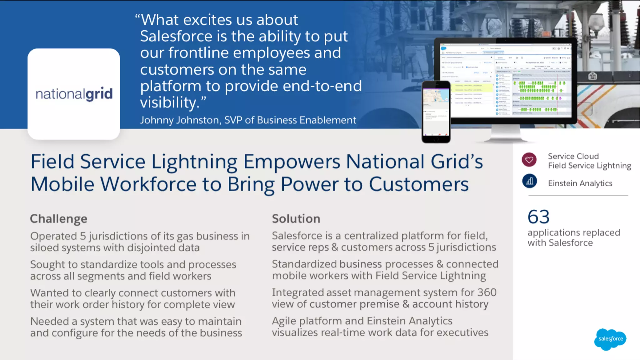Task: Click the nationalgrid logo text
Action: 74,94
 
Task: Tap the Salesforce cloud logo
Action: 610,339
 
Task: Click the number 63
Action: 538,217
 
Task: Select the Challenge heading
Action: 58,219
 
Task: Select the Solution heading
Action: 296,219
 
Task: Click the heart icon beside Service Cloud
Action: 529,160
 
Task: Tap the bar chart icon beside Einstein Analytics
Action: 529,181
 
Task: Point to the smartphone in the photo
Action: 436,112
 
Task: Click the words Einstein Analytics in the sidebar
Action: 580,183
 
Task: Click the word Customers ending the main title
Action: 419,184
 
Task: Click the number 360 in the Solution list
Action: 487,292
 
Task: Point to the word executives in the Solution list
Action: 462,332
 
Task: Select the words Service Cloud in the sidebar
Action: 573,156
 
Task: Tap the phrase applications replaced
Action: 574,233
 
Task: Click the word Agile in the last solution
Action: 284,321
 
